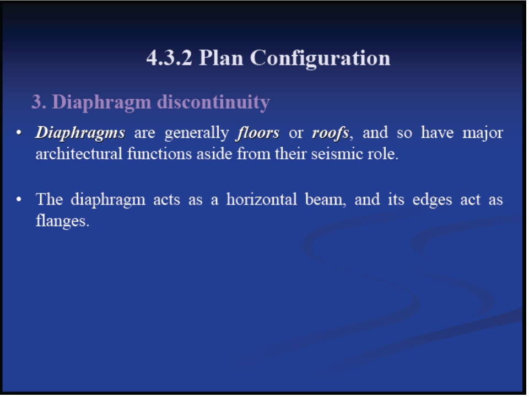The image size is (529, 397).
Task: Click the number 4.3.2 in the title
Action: coord(169,58)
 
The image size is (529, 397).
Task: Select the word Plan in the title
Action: coord(221,58)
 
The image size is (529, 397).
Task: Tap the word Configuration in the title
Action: coord(320,59)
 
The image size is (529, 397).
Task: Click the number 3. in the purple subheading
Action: coord(39,101)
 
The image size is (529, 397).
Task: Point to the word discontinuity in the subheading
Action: coord(214,102)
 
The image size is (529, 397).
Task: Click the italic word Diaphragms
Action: coord(80,133)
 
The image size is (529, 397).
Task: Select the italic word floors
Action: coord(258,133)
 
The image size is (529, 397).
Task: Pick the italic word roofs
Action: coord(330,133)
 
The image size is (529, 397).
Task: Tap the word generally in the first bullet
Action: coord(196,133)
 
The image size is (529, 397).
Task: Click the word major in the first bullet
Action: coord(483,133)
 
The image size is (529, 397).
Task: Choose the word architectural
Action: coord(79,154)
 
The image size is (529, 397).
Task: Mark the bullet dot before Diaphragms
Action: coord(19,133)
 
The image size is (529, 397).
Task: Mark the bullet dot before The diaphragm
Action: coord(19,200)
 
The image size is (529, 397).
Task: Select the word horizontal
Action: coord(261,199)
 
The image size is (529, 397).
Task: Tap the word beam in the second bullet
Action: coord(324,199)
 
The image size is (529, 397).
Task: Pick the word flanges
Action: coord(62,222)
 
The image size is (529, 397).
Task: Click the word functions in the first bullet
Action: coord(160,154)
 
